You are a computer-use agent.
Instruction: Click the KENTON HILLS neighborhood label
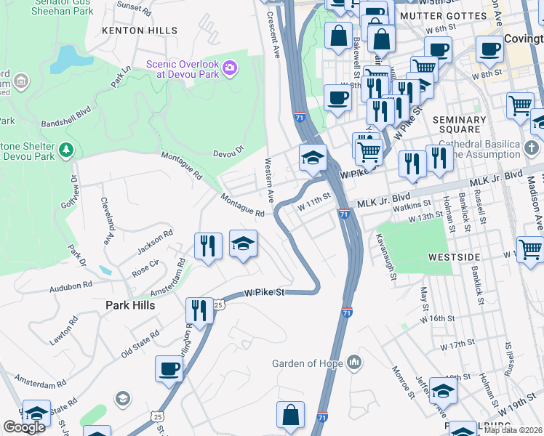tap(140, 31)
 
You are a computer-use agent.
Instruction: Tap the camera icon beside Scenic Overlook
tap(231, 68)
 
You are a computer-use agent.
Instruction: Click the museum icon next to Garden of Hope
tap(353, 362)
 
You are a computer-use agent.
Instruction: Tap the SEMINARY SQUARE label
tap(459, 125)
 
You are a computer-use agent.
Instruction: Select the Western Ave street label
tap(269, 180)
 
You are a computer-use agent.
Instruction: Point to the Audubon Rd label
tap(71, 287)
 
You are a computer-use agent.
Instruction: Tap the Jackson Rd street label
tap(155, 242)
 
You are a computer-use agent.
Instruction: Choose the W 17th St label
tap(457, 342)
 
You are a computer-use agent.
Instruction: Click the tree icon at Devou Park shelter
tap(66, 150)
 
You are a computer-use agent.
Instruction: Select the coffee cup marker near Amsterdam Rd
tap(169, 368)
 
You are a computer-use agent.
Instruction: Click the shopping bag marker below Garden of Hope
tap(290, 415)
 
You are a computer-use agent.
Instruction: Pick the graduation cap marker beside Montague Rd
tap(244, 243)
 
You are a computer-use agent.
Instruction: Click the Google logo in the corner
tap(24, 427)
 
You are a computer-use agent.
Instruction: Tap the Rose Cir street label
tap(145, 263)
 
